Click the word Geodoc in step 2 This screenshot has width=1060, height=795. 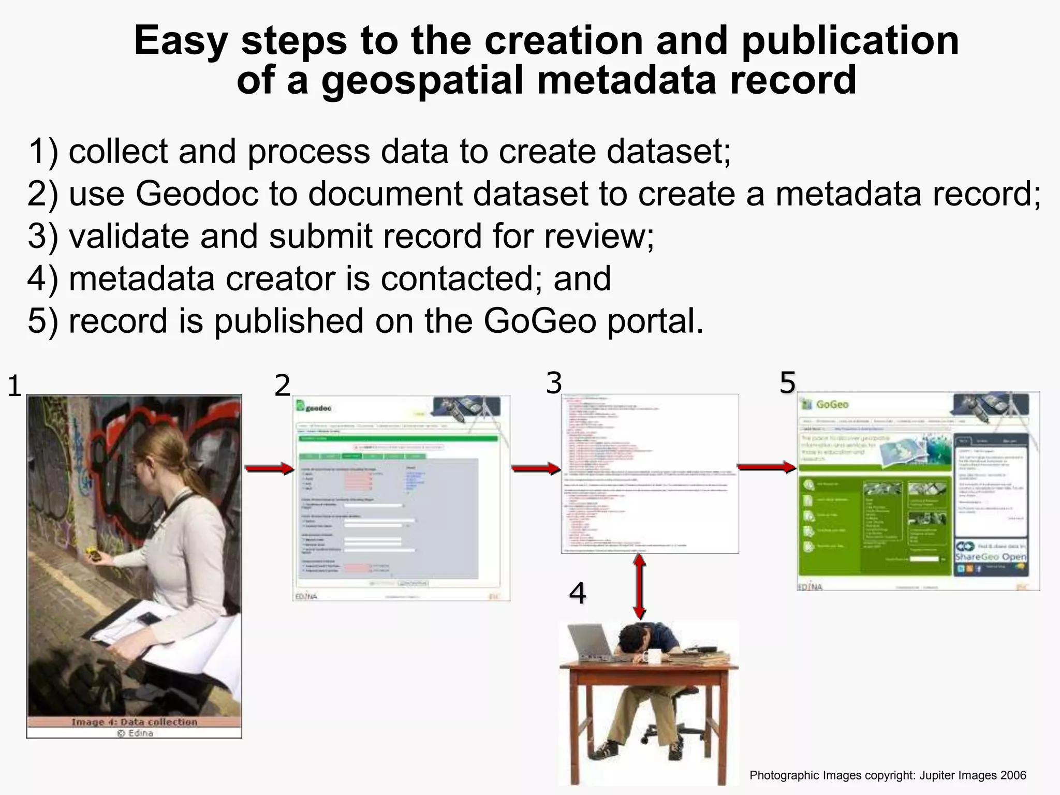[197, 194]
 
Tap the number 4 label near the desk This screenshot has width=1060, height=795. [577, 593]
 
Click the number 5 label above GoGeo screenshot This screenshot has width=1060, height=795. [787, 383]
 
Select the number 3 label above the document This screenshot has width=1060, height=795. [554, 384]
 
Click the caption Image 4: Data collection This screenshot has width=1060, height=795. [134, 722]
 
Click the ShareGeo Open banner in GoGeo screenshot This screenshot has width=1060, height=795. [990, 556]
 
